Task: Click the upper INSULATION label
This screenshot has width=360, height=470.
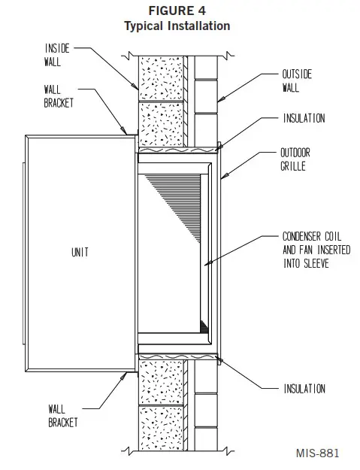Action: click(304, 118)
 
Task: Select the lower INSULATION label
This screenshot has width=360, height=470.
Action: click(304, 389)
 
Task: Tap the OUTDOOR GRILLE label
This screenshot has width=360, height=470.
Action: click(296, 159)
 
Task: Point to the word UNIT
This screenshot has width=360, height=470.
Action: click(79, 253)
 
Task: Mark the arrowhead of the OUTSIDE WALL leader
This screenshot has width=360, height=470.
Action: click(219, 100)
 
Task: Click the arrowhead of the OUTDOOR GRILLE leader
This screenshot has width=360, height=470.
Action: click(224, 178)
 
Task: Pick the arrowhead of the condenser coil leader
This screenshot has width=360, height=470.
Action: click(205, 264)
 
